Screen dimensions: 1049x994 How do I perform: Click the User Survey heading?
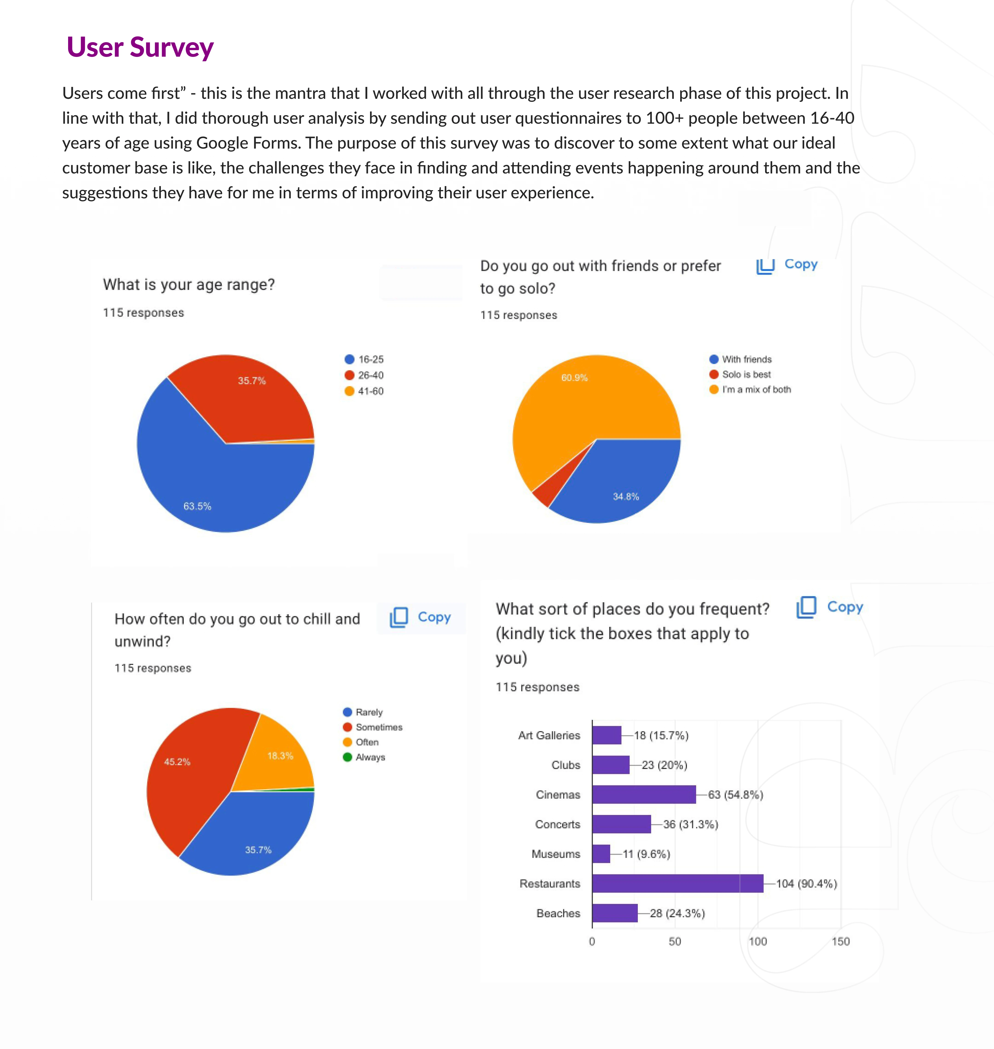140,47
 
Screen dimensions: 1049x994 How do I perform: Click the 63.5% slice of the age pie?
212,488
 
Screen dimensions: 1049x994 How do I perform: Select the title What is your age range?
189,285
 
